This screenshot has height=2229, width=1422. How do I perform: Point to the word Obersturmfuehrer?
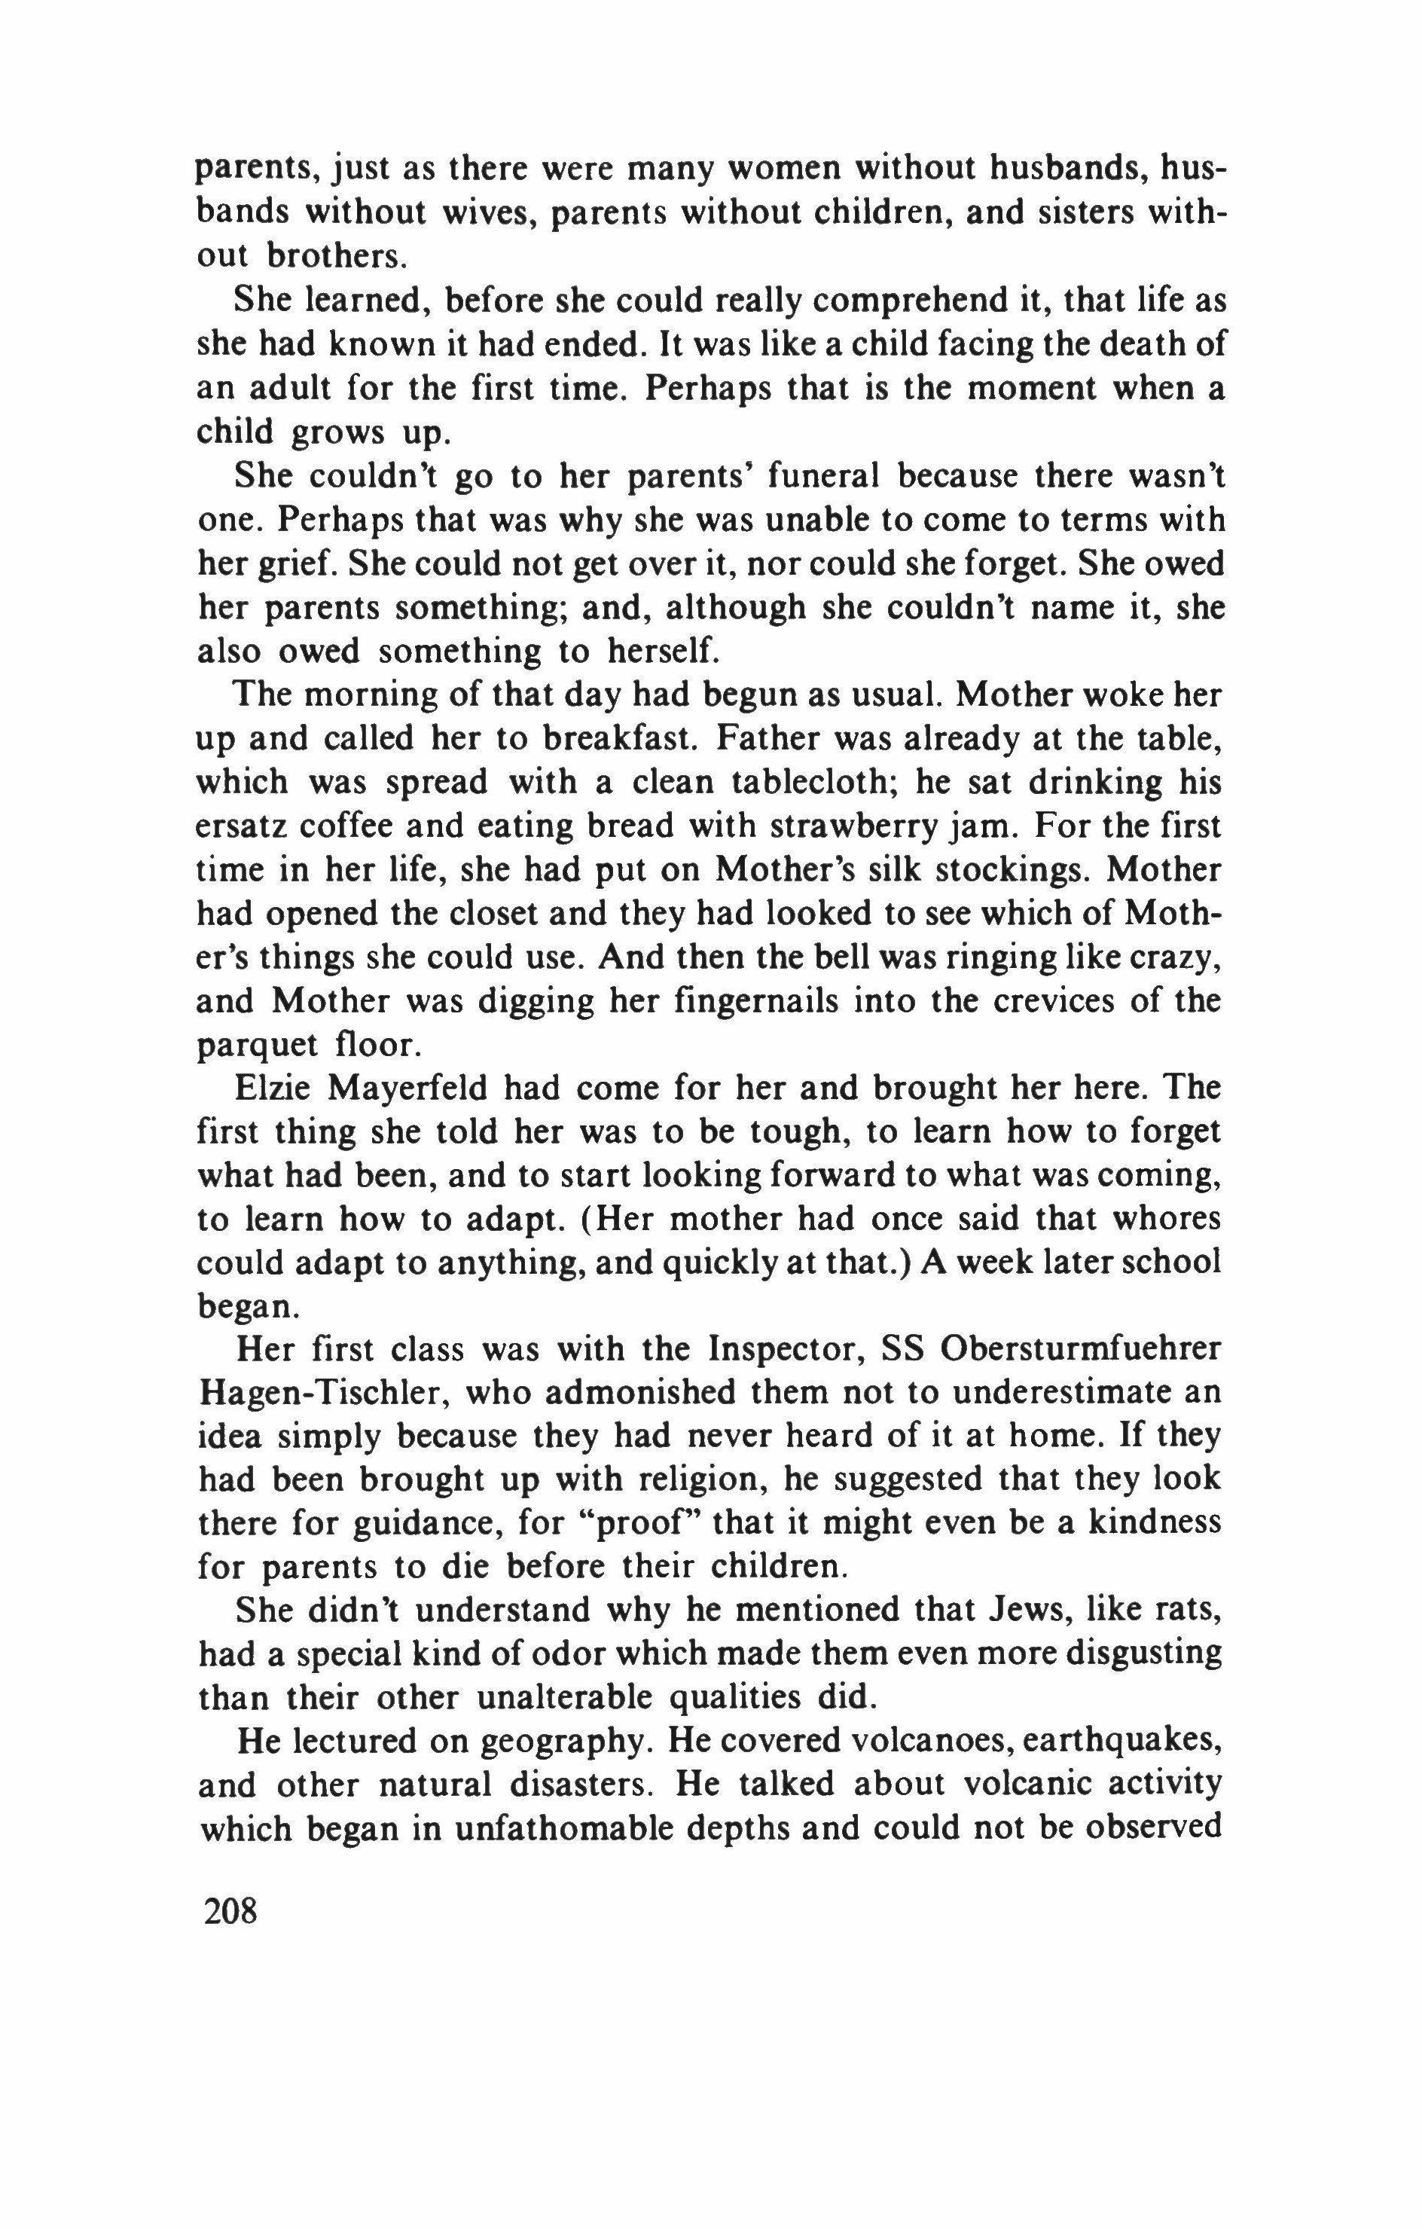point(1082,1350)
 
